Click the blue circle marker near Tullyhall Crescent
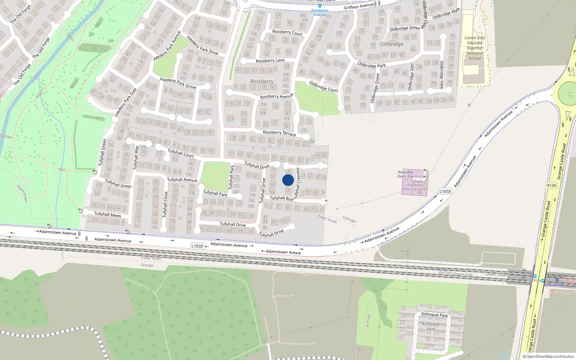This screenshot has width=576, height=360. [288, 180]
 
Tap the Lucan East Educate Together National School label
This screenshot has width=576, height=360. [475, 48]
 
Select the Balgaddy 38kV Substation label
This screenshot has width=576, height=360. [415, 187]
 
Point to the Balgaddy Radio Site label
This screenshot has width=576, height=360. [405, 174]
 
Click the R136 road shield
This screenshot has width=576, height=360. [551, 185]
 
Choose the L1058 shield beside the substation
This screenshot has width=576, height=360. [445, 191]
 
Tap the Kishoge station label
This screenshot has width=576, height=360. [557, 285]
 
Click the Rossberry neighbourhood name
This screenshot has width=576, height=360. [262, 82]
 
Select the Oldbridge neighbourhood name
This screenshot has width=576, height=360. [391, 44]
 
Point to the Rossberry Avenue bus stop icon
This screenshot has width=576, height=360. [319, 5]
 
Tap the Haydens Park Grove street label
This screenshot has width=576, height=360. [178, 83]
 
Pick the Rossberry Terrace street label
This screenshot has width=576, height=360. [279, 133]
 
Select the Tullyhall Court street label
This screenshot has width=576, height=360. [181, 153]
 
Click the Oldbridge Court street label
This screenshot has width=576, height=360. [324, 86]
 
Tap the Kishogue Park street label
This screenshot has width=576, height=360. [435, 315]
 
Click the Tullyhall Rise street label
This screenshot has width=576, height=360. [282, 198]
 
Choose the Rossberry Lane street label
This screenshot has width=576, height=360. [270, 60]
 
